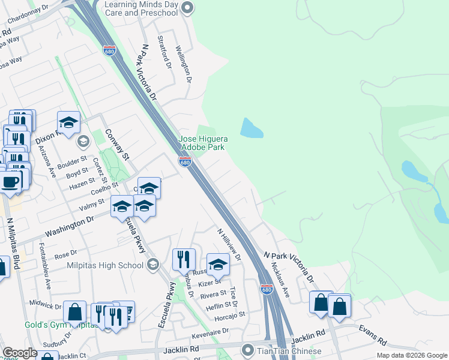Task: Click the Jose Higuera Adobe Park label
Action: (202, 143)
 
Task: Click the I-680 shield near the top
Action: (109, 50)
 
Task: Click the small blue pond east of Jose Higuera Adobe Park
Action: (252, 128)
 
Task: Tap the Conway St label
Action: (117, 145)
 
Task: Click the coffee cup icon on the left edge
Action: (9, 181)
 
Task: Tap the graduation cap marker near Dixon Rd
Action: (69, 122)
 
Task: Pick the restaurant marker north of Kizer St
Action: (184, 259)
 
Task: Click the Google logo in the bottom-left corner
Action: (20, 353)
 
